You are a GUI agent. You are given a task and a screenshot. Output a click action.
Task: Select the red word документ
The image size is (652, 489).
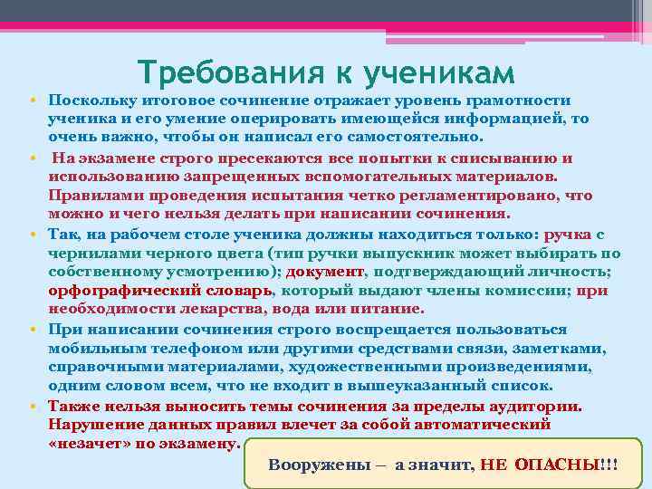click(325, 272)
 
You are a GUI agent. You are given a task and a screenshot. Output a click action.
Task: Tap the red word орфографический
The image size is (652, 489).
click(122, 291)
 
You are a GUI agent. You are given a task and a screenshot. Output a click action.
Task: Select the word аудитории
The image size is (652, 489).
click(531, 406)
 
